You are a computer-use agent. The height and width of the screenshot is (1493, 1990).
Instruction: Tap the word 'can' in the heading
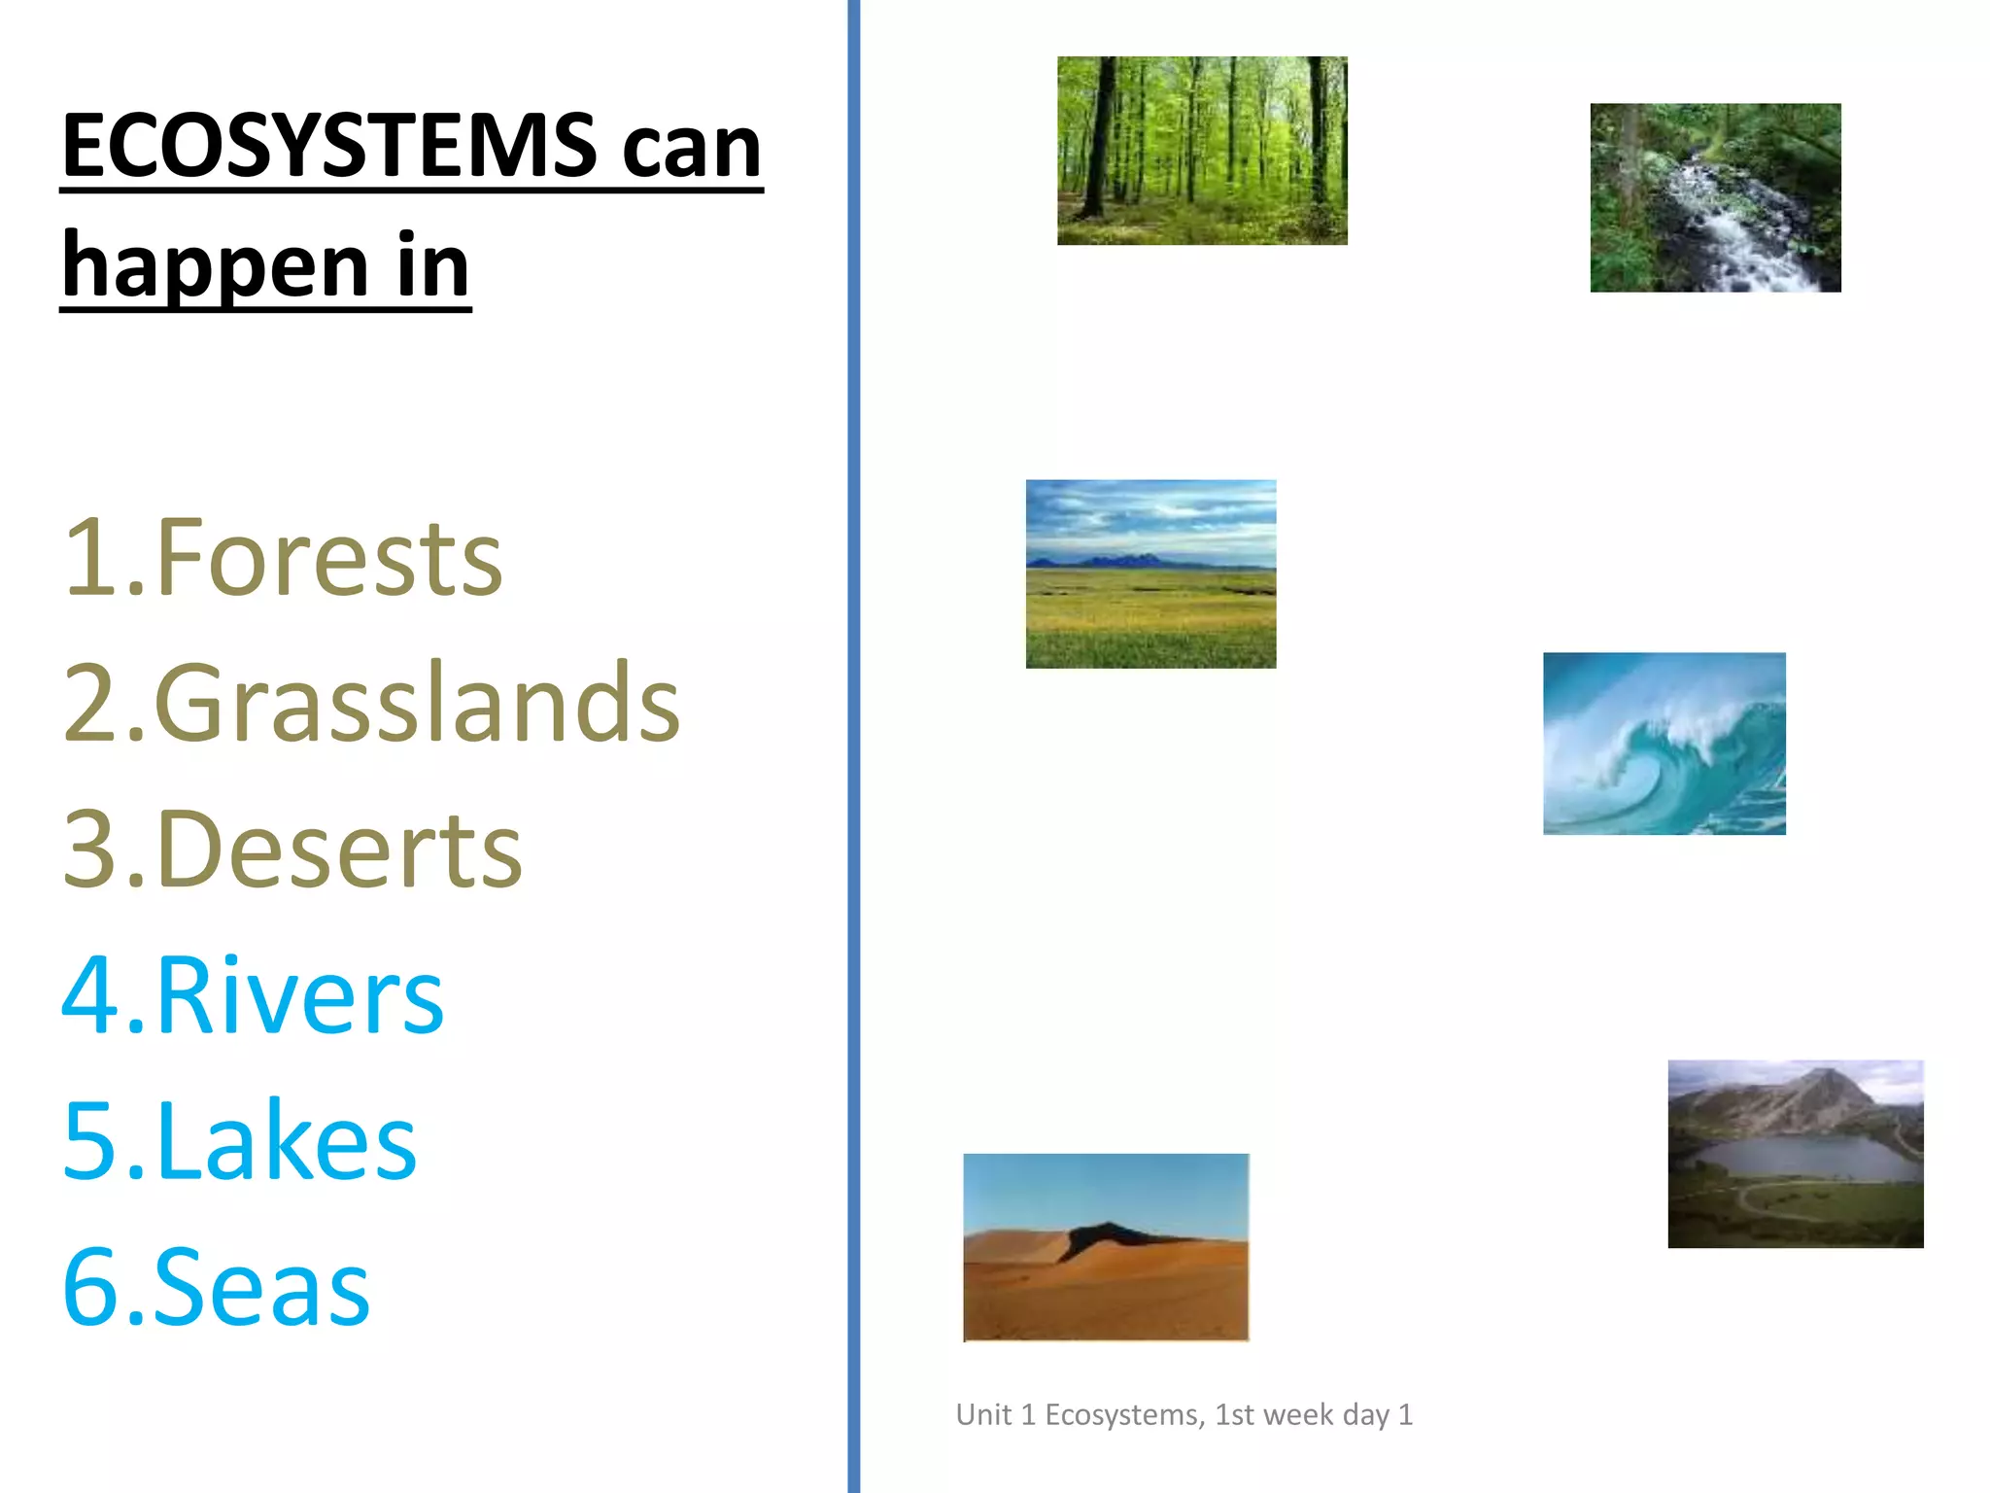[x=692, y=151]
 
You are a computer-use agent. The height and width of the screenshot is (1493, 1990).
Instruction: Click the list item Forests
[x=283, y=558]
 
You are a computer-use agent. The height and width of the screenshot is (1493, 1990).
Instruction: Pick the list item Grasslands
[x=370, y=703]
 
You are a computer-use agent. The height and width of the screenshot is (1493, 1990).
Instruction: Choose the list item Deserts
[x=292, y=850]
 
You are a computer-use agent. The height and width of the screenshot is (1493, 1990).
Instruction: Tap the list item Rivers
[x=253, y=995]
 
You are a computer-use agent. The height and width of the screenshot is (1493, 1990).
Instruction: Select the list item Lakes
[x=239, y=1141]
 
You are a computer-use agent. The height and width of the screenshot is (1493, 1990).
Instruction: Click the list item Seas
[x=216, y=1287]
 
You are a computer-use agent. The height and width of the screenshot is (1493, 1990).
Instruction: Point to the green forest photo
[x=1202, y=151]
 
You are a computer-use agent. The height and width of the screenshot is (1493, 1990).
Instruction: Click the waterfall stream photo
[x=1715, y=197]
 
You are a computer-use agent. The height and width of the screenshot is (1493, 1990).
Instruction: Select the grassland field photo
[x=1150, y=573]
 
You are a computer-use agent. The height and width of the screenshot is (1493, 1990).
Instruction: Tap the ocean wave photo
[x=1664, y=744]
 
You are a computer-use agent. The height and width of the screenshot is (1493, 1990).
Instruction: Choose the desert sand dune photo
[x=1106, y=1247]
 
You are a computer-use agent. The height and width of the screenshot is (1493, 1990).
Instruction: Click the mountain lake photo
[x=1796, y=1154]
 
